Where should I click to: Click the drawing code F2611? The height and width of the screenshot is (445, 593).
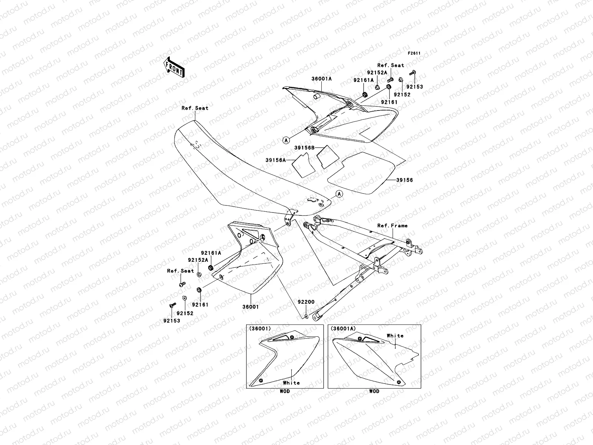(x=414, y=53)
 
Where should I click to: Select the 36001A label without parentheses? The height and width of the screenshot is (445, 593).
(x=321, y=79)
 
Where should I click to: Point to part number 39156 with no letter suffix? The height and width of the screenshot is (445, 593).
(x=404, y=180)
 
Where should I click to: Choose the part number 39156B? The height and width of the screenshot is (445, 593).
(x=304, y=148)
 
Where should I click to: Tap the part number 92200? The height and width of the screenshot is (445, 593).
(x=306, y=302)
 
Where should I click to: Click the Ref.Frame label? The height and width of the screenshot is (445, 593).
(x=392, y=225)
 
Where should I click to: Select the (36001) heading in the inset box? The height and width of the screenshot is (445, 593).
(x=260, y=329)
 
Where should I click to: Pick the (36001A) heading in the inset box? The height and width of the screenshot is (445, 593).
(x=343, y=329)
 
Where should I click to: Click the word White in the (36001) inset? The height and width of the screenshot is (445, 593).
(x=291, y=383)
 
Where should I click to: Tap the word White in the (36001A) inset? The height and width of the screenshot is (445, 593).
(x=395, y=336)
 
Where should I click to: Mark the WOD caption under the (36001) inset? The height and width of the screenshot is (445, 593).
(x=285, y=391)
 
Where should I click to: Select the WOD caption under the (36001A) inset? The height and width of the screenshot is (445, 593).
(x=374, y=391)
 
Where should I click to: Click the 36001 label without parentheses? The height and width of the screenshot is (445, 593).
(x=251, y=307)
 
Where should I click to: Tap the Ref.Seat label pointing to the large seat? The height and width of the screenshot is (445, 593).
(x=195, y=108)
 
